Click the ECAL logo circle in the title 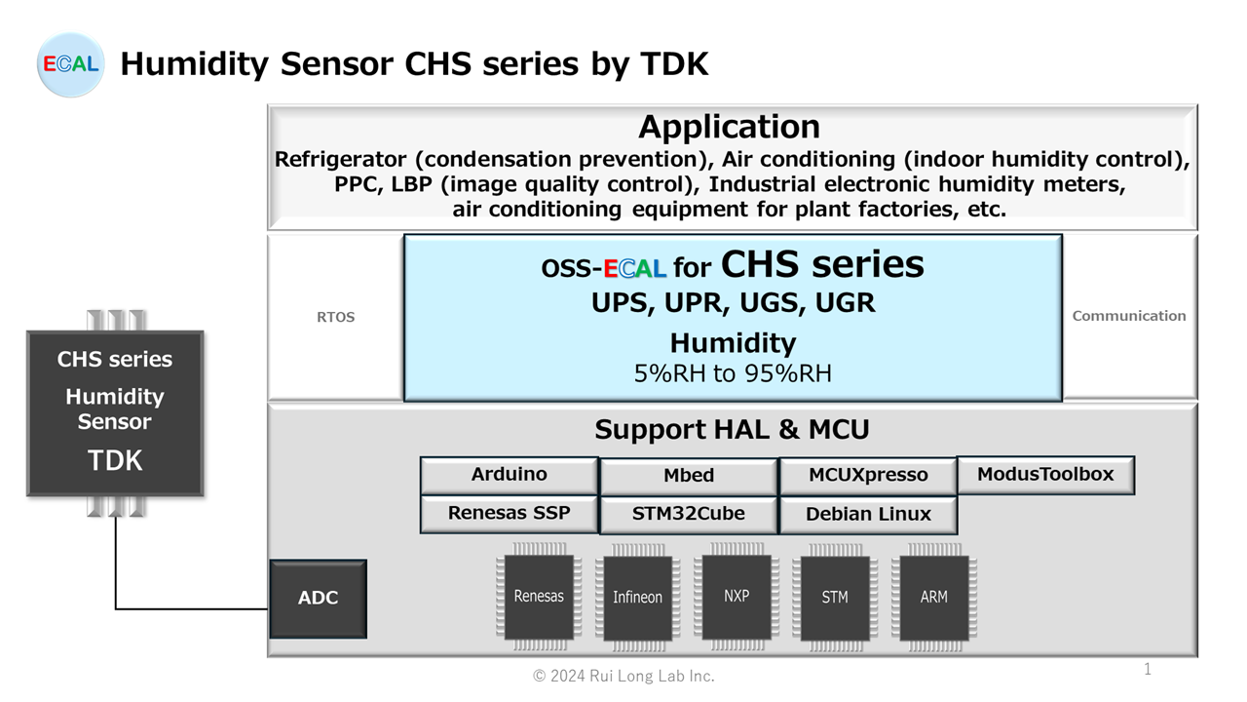click(70, 64)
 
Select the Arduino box click(509, 475)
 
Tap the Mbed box click(689, 476)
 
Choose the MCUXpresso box click(868, 476)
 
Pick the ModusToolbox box click(1045, 475)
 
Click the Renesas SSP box click(509, 513)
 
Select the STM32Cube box click(689, 514)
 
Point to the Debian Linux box click(868, 514)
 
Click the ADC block click(318, 598)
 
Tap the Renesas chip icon click(539, 597)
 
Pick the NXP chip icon click(737, 596)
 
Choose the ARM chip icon click(934, 597)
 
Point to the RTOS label click(335, 317)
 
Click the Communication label click(1129, 316)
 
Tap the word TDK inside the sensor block click(115, 460)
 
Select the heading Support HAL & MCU click(732, 429)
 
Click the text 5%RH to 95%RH click(733, 373)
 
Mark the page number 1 click(1148, 669)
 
